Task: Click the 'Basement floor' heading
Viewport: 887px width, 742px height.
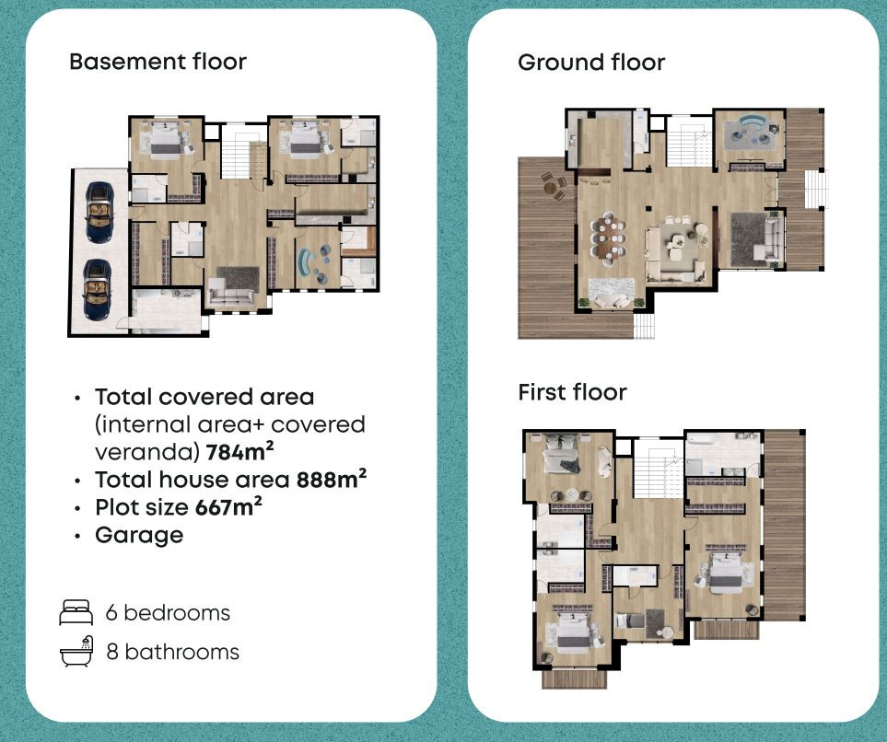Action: click(x=158, y=62)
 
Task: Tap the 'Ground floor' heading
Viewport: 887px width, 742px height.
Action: click(x=591, y=63)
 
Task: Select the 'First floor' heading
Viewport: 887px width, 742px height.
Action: click(x=573, y=392)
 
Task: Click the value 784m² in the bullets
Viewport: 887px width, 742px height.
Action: click(x=239, y=451)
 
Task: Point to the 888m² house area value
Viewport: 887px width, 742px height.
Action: click(x=332, y=479)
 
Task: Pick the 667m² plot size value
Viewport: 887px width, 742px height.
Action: click(x=228, y=506)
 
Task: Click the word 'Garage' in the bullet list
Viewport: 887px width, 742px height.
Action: click(x=139, y=535)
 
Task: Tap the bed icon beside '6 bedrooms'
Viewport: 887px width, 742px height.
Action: click(x=76, y=612)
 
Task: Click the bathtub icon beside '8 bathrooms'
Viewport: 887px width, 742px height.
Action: click(x=76, y=652)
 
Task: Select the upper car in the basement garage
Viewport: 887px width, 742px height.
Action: click(x=99, y=212)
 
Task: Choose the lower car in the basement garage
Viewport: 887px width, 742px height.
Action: click(x=98, y=290)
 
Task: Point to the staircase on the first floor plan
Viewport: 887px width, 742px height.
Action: click(x=659, y=469)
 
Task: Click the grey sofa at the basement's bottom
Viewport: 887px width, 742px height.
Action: click(x=231, y=296)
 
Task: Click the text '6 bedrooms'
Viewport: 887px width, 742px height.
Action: click(x=168, y=612)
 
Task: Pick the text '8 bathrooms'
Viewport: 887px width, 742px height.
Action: click(x=173, y=652)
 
